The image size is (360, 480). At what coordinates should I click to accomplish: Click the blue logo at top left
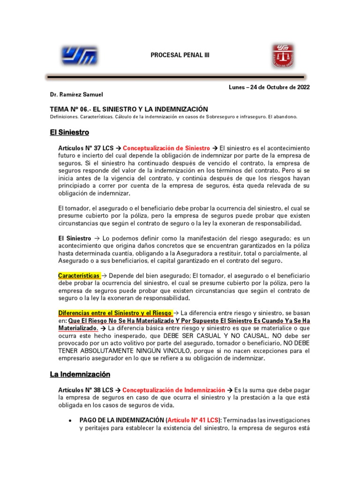pyautogui.click(x=79, y=55)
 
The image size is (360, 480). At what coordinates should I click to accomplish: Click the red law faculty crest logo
pyautogui.click(x=283, y=55)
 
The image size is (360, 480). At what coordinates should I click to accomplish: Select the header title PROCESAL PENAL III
pyautogui.click(x=180, y=55)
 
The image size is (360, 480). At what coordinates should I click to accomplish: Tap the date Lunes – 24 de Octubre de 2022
pyautogui.click(x=269, y=87)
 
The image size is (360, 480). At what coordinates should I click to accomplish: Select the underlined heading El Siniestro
pyautogui.click(x=69, y=133)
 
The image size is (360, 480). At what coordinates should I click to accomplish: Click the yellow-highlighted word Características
pyautogui.click(x=79, y=275)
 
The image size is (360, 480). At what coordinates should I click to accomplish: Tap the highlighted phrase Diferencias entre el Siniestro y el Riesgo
pyautogui.click(x=115, y=313)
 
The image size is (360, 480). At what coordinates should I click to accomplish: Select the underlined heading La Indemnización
pyautogui.click(x=80, y=375)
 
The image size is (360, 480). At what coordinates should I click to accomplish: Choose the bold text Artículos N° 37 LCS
pyautogui.click(x=86, y=148)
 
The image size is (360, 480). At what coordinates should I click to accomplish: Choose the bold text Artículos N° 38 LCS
pyautogui.click(x=86, y=390)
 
